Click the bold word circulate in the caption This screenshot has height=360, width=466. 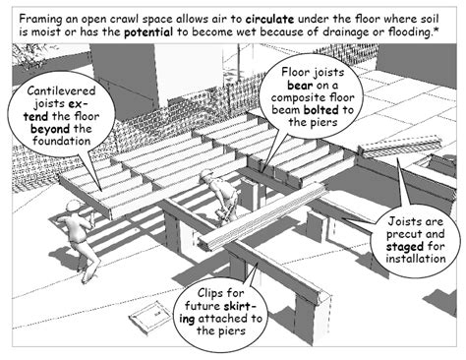[x=269, y=19]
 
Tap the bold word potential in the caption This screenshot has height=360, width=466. [x=148, y=32]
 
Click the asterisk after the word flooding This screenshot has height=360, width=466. [x=437, y=30]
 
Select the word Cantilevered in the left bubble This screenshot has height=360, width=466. [x=61, y=90]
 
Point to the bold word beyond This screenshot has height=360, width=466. [x=50, y=129]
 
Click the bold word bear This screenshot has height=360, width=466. [x=300, y=86]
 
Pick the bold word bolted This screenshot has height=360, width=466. [x=321, y=110]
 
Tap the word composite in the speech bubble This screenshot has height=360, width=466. [x=297, y=97]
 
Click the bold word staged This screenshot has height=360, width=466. [x=404, y=247]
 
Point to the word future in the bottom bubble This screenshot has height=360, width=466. [x=203, y=306]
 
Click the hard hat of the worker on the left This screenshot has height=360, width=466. [x=74, y=207]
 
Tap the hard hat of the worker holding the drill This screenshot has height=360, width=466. [x=207, y=174]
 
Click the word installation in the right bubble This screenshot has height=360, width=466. [x=416, y=259]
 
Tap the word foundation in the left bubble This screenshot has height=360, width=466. [x=61, y=142]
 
